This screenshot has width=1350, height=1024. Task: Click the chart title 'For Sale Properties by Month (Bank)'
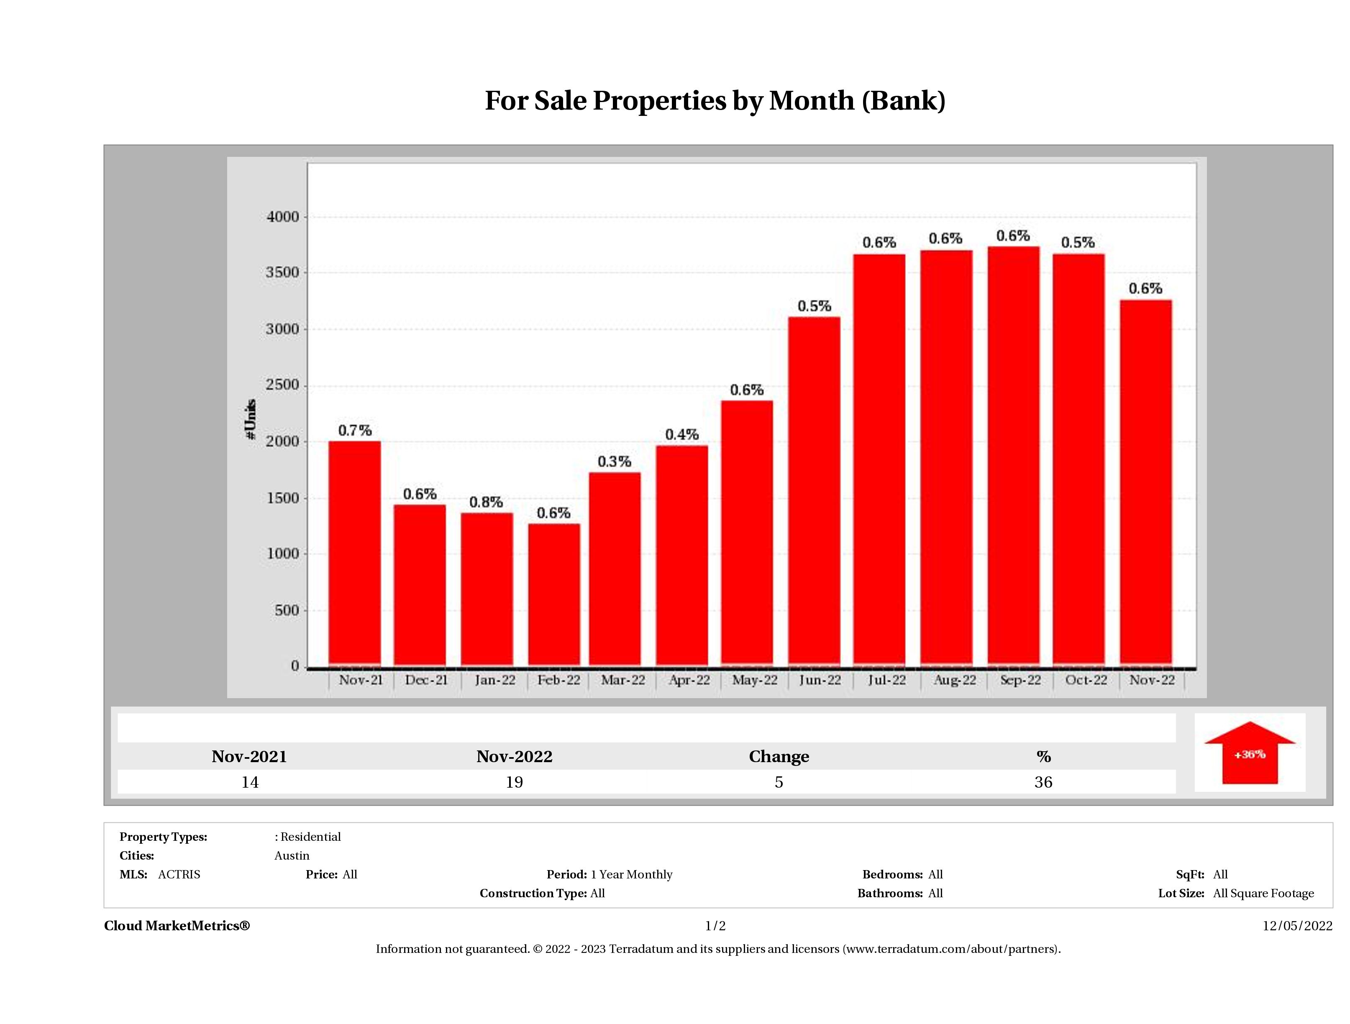click(715, 101)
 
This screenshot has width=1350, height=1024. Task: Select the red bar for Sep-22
click(1013, 455)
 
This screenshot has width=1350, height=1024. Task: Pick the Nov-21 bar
click(355, 552)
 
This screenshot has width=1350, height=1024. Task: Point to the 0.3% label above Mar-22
click(614, 462)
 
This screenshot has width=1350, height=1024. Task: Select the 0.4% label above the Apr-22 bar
click(682, 435)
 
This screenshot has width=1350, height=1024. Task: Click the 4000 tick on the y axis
click(283, 217)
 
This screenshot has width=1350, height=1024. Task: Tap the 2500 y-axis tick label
click(283, 385)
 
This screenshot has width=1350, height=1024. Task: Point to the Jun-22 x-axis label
click(820, 680)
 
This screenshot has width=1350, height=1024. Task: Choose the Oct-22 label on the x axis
click(1086, 680)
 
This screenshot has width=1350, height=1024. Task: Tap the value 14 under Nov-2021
click(250, 782)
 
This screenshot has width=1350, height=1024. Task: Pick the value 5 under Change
click(779, 782)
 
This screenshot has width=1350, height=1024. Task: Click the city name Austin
click(292, 855)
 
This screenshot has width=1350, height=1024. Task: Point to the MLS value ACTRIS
click(179, 875)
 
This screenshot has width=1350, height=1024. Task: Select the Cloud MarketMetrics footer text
click(177, 926)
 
